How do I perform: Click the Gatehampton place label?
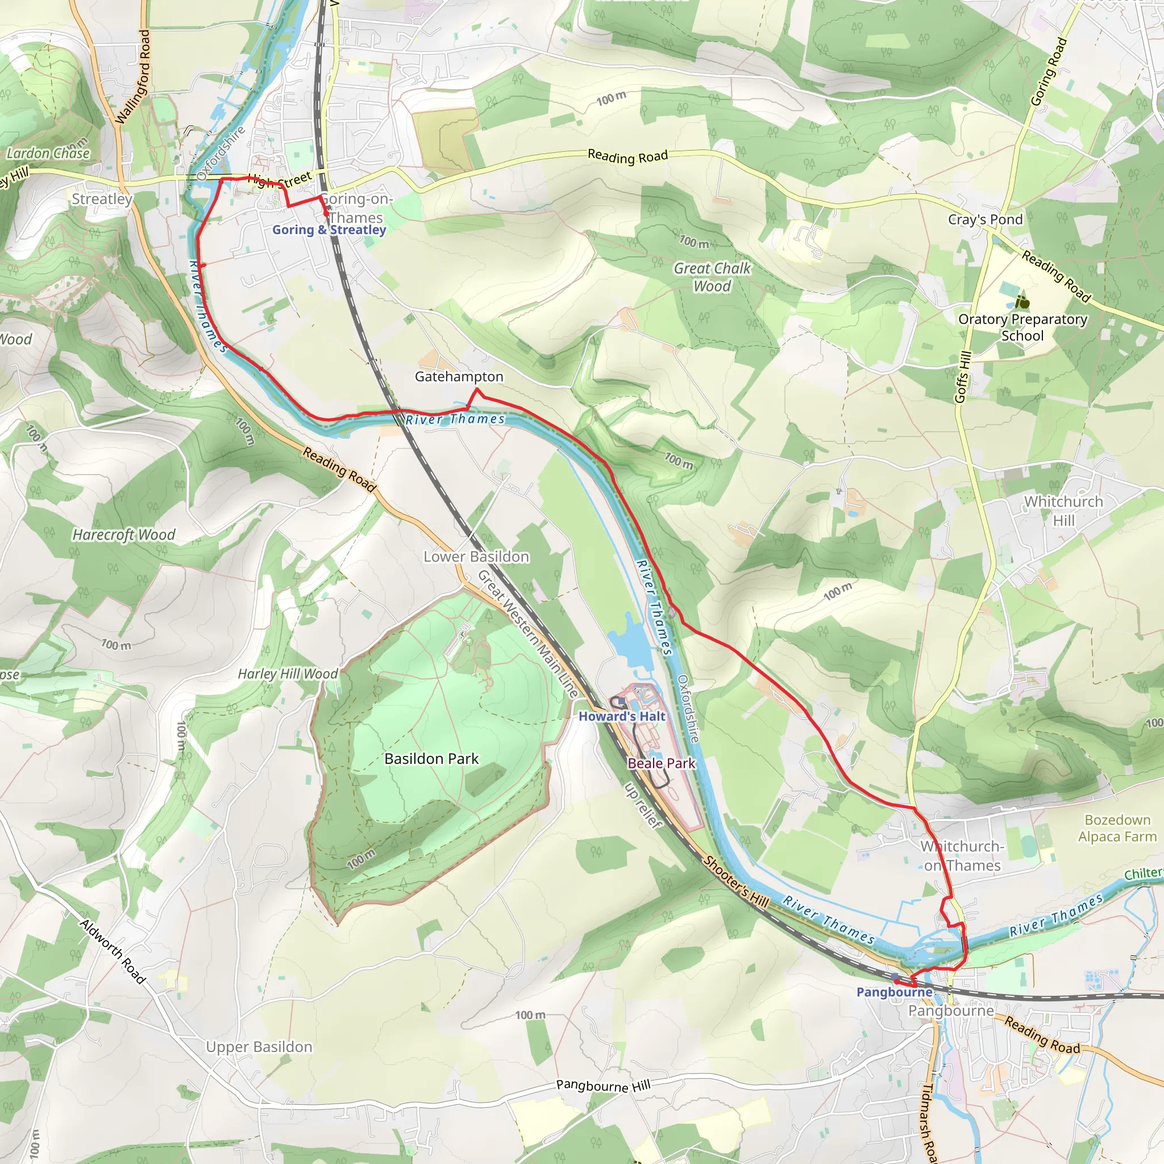[459, 377]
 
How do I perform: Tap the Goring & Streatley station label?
[329, 230]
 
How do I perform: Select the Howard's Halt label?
[622, 716]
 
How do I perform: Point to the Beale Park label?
[662, 763]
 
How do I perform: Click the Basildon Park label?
[431, 759]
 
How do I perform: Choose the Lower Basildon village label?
[476, 556]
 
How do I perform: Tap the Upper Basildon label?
[259, 1046]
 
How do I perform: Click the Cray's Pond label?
[985, 219]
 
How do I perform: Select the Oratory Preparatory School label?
[1022, 327]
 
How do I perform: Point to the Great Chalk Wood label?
[712, 277]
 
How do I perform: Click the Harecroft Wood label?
[123, 534]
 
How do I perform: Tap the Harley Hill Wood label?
[288, 674]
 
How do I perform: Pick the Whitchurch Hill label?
[1063, 510]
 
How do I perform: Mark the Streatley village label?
[102, 199]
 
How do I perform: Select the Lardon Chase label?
[48, 153]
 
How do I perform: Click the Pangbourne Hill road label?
[603, 1086]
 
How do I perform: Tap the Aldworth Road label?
[113, 951]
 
